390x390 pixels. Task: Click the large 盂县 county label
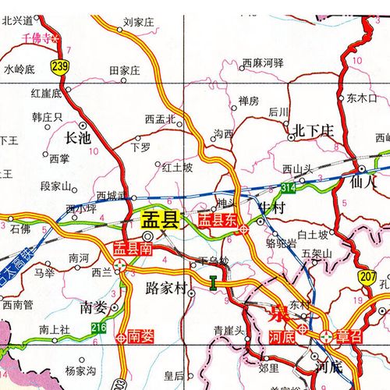click(159, 220)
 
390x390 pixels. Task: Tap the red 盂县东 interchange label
click(219, 221)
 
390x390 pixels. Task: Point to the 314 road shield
click(289, 188)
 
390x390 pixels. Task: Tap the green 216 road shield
click(98, 327)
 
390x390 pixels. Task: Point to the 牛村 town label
click(273, 207)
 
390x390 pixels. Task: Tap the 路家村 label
click(165, 289)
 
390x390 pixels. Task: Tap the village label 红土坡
click(177, 167)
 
